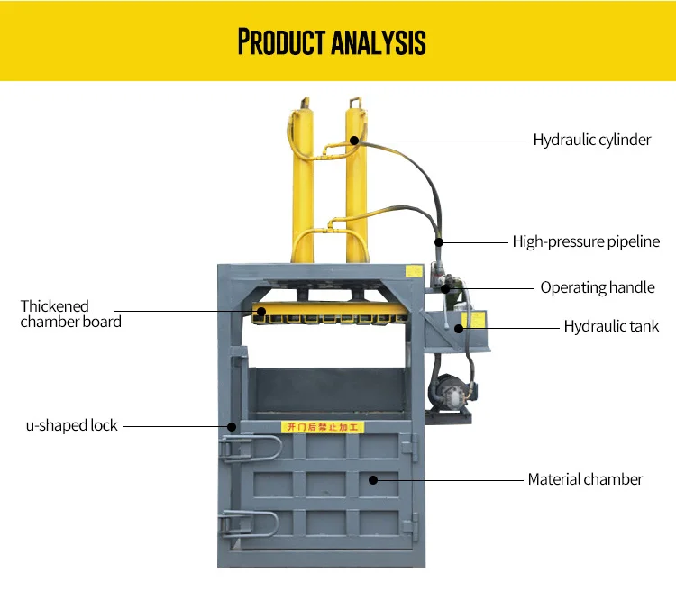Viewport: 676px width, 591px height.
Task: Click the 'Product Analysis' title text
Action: coord(332,41)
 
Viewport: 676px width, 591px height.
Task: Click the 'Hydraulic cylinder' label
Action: coord(591,140)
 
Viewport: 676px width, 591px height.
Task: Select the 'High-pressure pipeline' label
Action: coord(586,241)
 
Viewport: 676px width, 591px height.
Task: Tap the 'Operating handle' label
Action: coord(597,287)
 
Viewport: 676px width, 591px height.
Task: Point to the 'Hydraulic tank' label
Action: coord(611,326)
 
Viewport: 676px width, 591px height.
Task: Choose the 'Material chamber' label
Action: coord(585,479)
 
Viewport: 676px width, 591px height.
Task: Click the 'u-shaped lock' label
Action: coord(71,425)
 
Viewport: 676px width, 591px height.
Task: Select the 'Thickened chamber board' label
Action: coord(70,314)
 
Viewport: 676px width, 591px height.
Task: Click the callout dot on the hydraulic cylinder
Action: coord(354,140)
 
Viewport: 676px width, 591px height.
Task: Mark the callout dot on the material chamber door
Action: coord(372,479)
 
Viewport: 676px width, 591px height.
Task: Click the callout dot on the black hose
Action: coord(439,241)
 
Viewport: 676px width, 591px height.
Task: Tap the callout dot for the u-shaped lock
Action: coord(232,425)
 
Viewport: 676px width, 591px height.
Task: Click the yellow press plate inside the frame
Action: coord(324,314)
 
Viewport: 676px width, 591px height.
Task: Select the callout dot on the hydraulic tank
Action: coord(459,327)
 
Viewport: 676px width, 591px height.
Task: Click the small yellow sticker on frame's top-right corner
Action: coord(413,270)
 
